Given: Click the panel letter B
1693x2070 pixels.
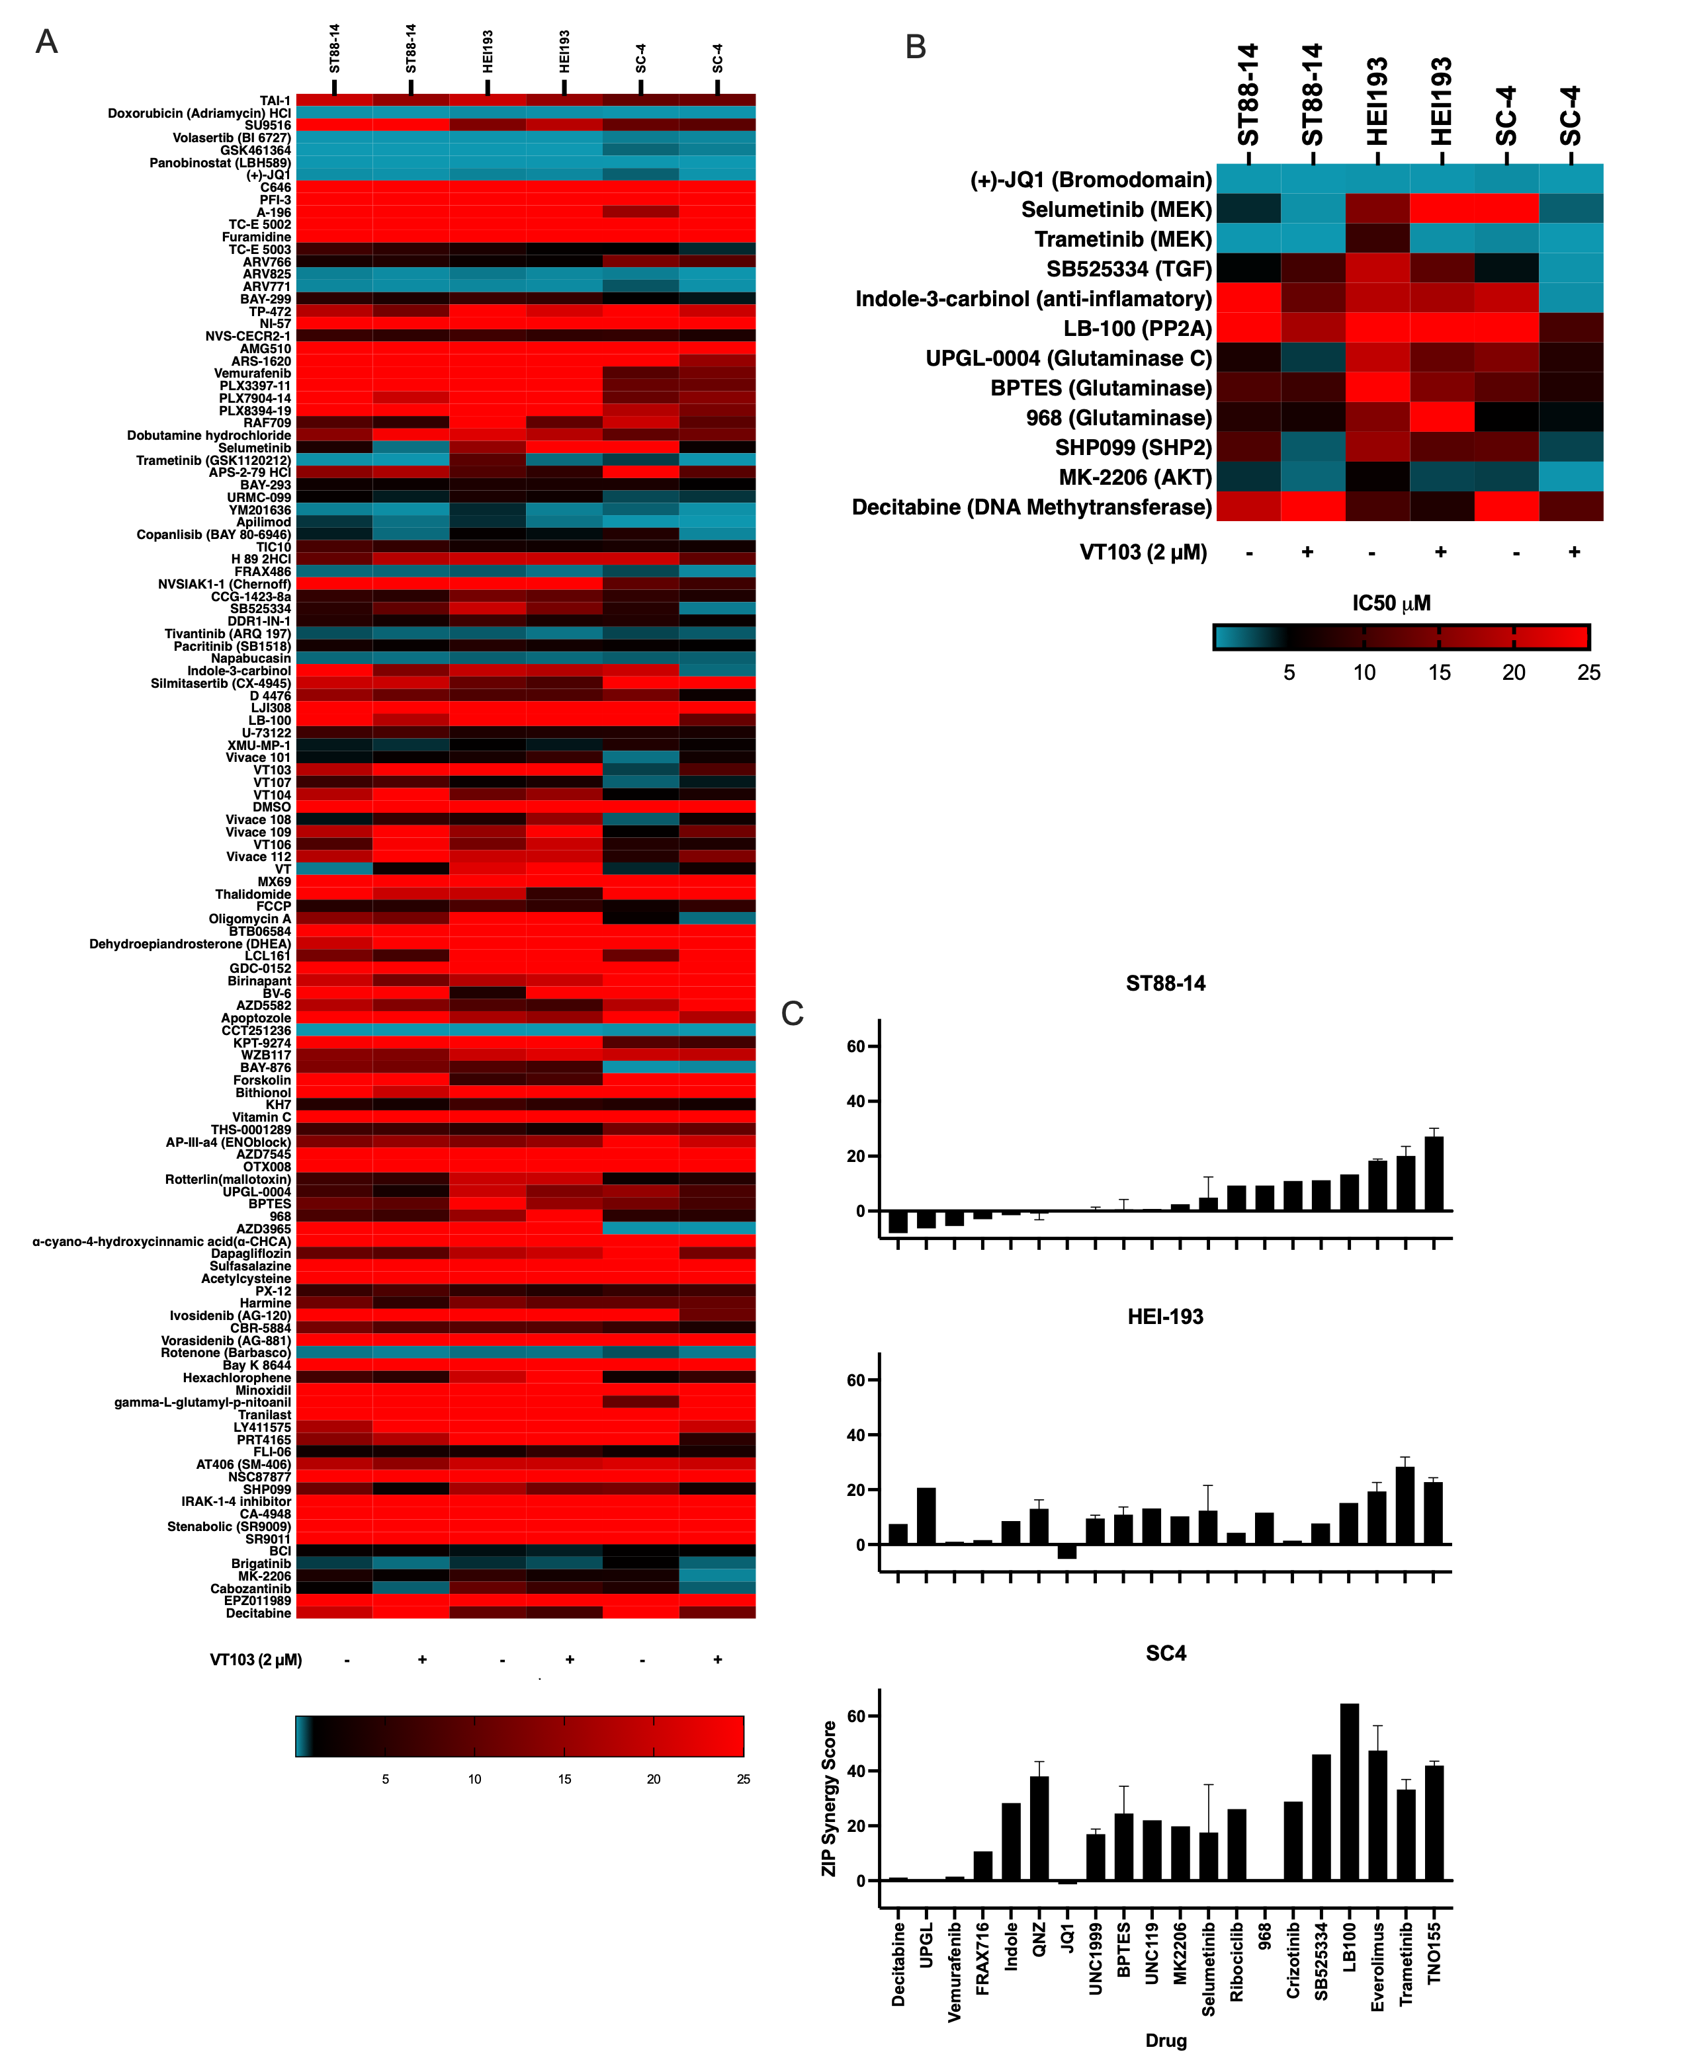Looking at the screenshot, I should [x=915, y=47].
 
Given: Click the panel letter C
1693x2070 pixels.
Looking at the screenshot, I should [x=792, y=1014].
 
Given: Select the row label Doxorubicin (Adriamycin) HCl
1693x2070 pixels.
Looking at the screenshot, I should [x=199, y=113].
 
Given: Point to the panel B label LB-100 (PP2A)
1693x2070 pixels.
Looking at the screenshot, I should [x=1137, y=329].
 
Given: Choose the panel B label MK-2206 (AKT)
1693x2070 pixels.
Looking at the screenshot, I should [x=1135, y=477].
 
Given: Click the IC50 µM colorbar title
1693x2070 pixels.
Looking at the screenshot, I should [x=1391, y=604].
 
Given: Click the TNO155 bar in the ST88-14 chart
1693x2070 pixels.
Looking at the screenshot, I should [x=1434, y=1174].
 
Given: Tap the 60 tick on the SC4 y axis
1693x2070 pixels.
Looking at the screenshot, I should [x=856, y=1716].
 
